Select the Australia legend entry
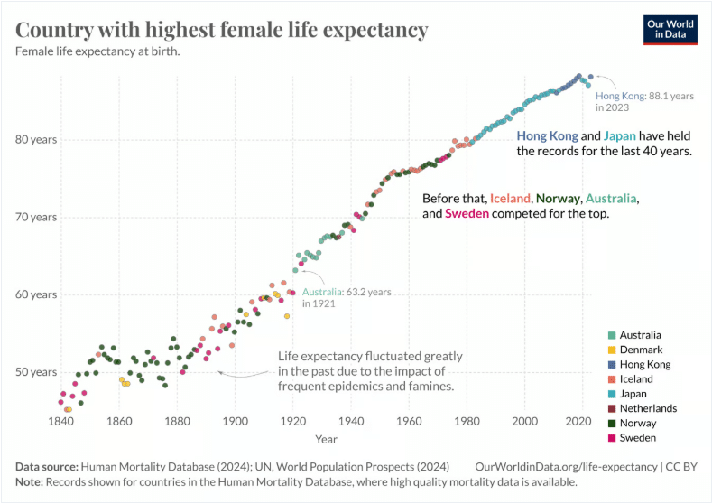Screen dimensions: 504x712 tap(640, 335)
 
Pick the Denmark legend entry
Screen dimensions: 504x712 tap(641, 350)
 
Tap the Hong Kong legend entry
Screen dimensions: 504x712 tap(645, 364)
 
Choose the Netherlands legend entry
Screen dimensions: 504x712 tap(648, 408)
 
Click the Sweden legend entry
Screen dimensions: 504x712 tap(638, 437)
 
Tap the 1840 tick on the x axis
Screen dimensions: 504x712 tap(61, 421)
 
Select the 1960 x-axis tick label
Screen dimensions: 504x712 tap(409, 421)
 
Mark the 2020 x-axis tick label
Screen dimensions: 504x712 tap(582, 421)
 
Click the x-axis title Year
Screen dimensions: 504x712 tap(326, 439)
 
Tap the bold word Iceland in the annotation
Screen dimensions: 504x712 tap(510, 198)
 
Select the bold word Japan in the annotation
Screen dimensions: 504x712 tap(620, 135)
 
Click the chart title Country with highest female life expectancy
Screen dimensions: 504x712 tap(222, 30)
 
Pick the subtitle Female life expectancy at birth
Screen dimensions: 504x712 tap(97, 51)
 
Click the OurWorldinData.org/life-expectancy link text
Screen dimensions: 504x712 tap(567, 467)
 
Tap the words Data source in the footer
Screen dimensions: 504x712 tap(46, 467)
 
